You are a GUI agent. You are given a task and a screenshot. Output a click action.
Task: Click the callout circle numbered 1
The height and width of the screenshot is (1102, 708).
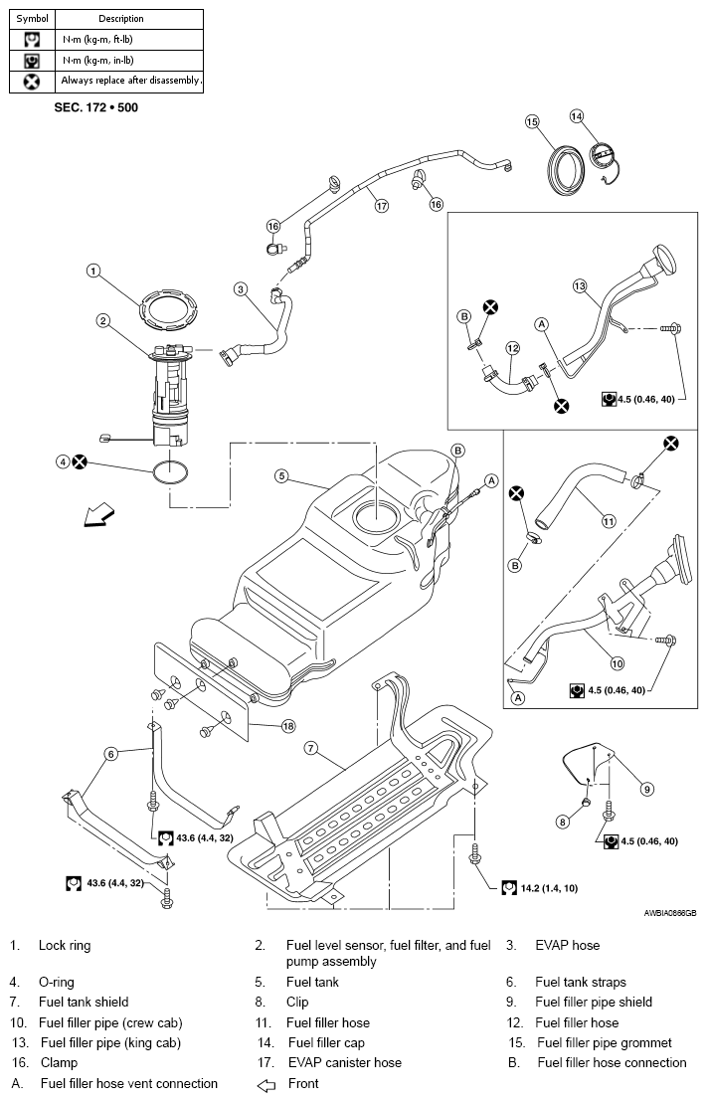pyautogui.click(x=93, y=271)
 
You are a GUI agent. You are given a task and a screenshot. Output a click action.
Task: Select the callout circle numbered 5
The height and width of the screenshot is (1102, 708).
pyautogui.click(x=281, y=476)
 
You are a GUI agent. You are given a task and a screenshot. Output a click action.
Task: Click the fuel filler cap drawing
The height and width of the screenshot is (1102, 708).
pyautogui.click(x=603, y=157)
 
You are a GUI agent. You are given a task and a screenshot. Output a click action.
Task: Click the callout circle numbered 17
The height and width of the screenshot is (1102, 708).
pyautogui.click(x=382, y=207)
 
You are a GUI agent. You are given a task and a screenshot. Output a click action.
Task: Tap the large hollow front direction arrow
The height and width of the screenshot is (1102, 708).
pyautogui.click(x=97, y=513)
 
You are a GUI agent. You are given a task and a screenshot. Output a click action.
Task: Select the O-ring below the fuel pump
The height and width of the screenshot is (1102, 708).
pyautogui.click(x=156, y=472)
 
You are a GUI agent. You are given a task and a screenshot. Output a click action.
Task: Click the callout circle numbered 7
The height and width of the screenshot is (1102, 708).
pyautogui.click(x=311, y=749)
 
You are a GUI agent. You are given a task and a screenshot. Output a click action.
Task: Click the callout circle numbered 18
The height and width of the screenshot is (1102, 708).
pyautogui.click(x=288, y=726)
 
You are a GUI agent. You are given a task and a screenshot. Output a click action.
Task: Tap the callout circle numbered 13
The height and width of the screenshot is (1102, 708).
pyautogui.click(x=580, y=286)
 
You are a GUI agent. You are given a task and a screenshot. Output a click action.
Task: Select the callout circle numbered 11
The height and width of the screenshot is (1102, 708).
pyautogui.click(x=609, y=521)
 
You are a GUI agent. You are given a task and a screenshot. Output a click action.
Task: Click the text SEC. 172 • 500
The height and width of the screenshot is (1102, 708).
pyautogui.click(x=96, y=107)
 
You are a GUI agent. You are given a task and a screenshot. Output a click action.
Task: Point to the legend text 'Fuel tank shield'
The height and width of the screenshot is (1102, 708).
pyautogui.click(x=84, y=1002)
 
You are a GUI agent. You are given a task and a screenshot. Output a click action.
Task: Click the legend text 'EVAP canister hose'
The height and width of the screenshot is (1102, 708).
pyautogui.click(x=345, y=1062)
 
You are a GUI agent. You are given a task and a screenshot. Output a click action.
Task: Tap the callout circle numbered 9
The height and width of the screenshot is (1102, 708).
pyautogui.click(x=647, y=790)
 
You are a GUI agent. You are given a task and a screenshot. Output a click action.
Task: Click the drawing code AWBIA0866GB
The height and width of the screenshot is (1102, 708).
pyautogui.click(x=670, y=914)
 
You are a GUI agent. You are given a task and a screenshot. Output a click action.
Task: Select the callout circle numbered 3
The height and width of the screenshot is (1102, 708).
pyautogui.click(x=241, y=288)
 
